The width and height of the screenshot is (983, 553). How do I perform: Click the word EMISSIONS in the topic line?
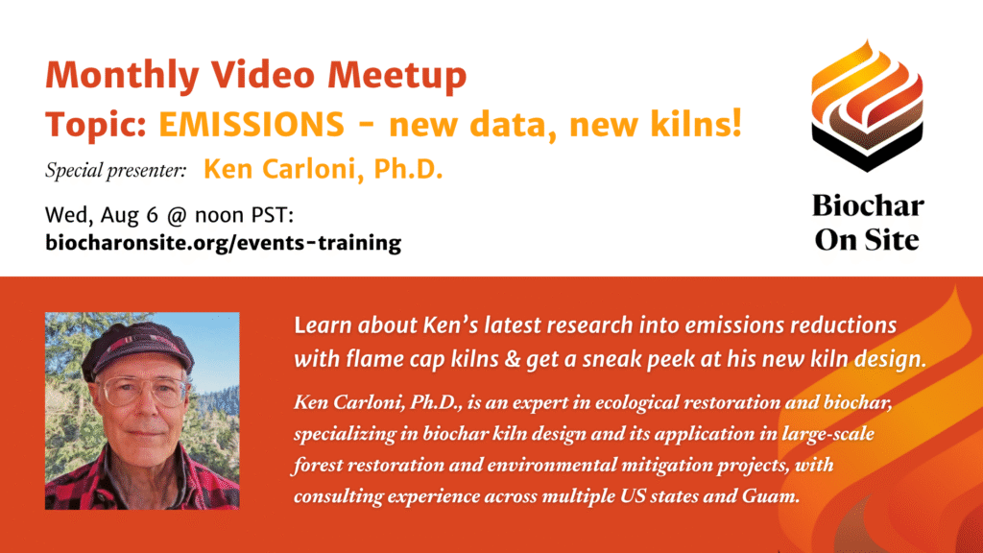[252, 124]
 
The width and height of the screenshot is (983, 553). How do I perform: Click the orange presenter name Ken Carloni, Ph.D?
[323, 169]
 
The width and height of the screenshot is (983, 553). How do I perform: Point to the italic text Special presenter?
[115, 171]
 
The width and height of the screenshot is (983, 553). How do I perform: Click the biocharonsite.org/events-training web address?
[223, 243]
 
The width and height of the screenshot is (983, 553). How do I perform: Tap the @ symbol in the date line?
[177, 216]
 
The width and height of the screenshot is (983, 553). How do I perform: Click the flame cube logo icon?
[867, 106]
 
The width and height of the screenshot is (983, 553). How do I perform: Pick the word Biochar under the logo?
[868, 205]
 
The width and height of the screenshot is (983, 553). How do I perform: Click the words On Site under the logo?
[867, 240]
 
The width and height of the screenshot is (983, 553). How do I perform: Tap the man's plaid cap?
[137, 347]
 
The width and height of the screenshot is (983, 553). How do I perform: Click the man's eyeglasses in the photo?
[144, 392]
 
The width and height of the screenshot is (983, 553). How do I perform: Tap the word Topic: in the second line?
[96, 125]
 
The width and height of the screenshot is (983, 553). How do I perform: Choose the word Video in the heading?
[263, 75]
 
